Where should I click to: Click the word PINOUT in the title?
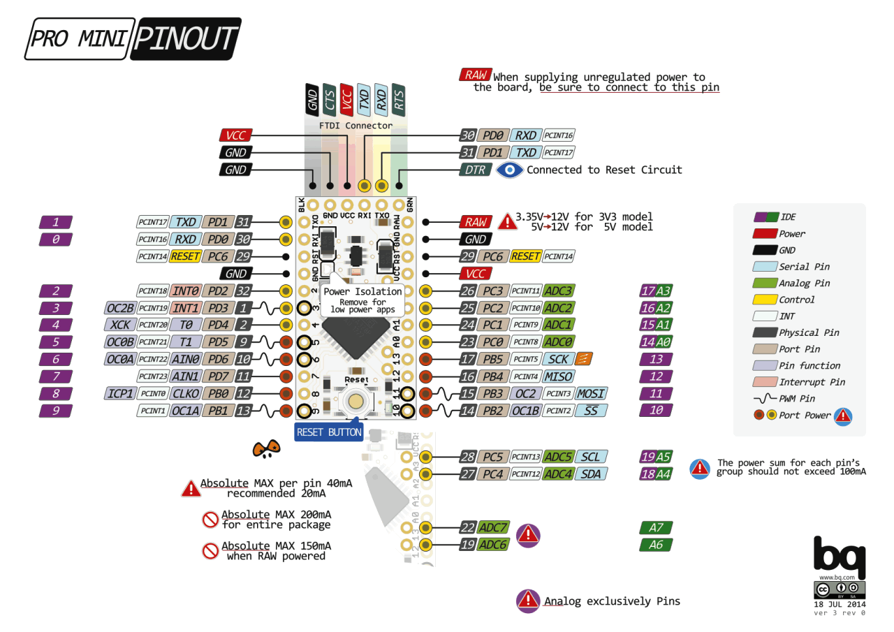pos(184,39)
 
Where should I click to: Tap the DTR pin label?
pos(475,170)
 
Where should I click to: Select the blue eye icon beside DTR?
pos(510,170)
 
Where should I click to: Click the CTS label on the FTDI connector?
pos(330,100)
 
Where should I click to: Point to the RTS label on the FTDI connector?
pos(398,100)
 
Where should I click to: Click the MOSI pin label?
pos(591,394)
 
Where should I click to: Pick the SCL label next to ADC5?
pos(591,457)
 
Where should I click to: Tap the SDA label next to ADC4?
pos(591,474)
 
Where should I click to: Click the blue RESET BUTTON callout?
pos(329,432)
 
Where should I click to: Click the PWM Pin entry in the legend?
pos(796,399)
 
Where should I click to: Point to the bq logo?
pos(840,555)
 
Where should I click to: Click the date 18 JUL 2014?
pos(840,604)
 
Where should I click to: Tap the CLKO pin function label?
pos(185,394)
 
